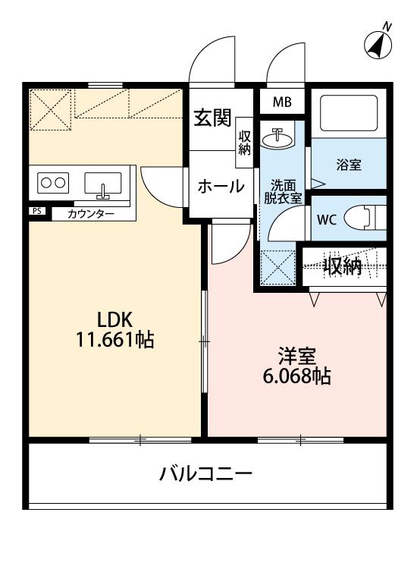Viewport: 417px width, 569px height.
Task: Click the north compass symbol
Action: pyautogui.click(x=378, y=44)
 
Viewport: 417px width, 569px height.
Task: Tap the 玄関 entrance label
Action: pyautogui.click(x=212, y=119)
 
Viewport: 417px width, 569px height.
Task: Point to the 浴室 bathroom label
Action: pyautogui.click(x=350, y=164)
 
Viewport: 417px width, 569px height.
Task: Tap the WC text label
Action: pyautogui.click(x=326, y=221)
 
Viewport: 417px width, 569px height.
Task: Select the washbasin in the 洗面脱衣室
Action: pyautogui.click(x=281, y=138)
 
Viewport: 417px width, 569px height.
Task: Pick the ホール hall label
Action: pyautogui.click(x=221, y=186)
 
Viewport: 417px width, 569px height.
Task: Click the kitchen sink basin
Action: pyautogui.click(x=102, y=184)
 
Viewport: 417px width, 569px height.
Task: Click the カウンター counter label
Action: pyautogui.click(x=91, y=214)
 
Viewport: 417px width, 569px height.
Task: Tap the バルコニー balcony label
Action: pyautogui.click(x=206, y=474)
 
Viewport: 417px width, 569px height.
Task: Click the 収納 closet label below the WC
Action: pyautogui.click(x=343, y=266)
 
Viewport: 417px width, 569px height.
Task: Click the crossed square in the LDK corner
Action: pyautogui.click(x=52, y=111)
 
